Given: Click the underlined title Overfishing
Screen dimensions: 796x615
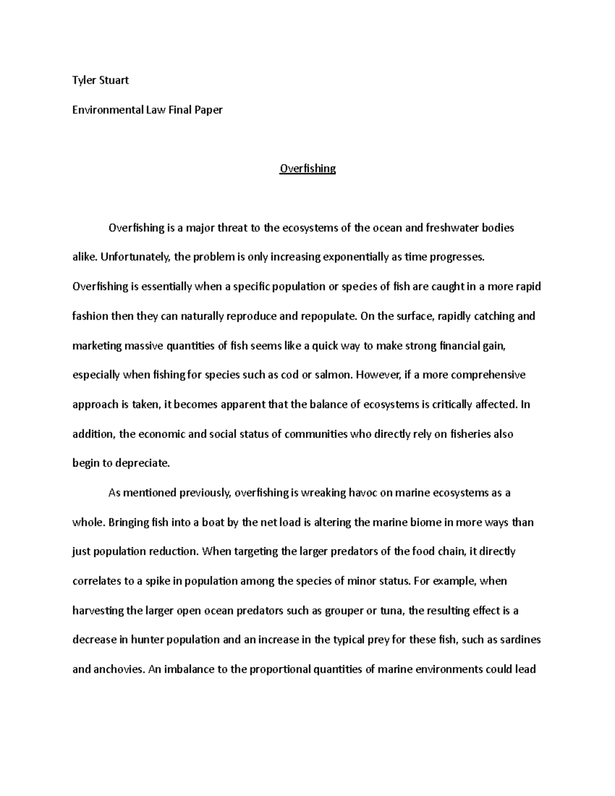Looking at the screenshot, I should [x=307, y=169].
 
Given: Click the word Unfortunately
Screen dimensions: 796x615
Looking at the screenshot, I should [x=135, y=257].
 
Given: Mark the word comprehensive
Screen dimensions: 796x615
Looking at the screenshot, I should [x=488, y=375].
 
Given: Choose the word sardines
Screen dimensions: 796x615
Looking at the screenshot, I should [x=521, y=640].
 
